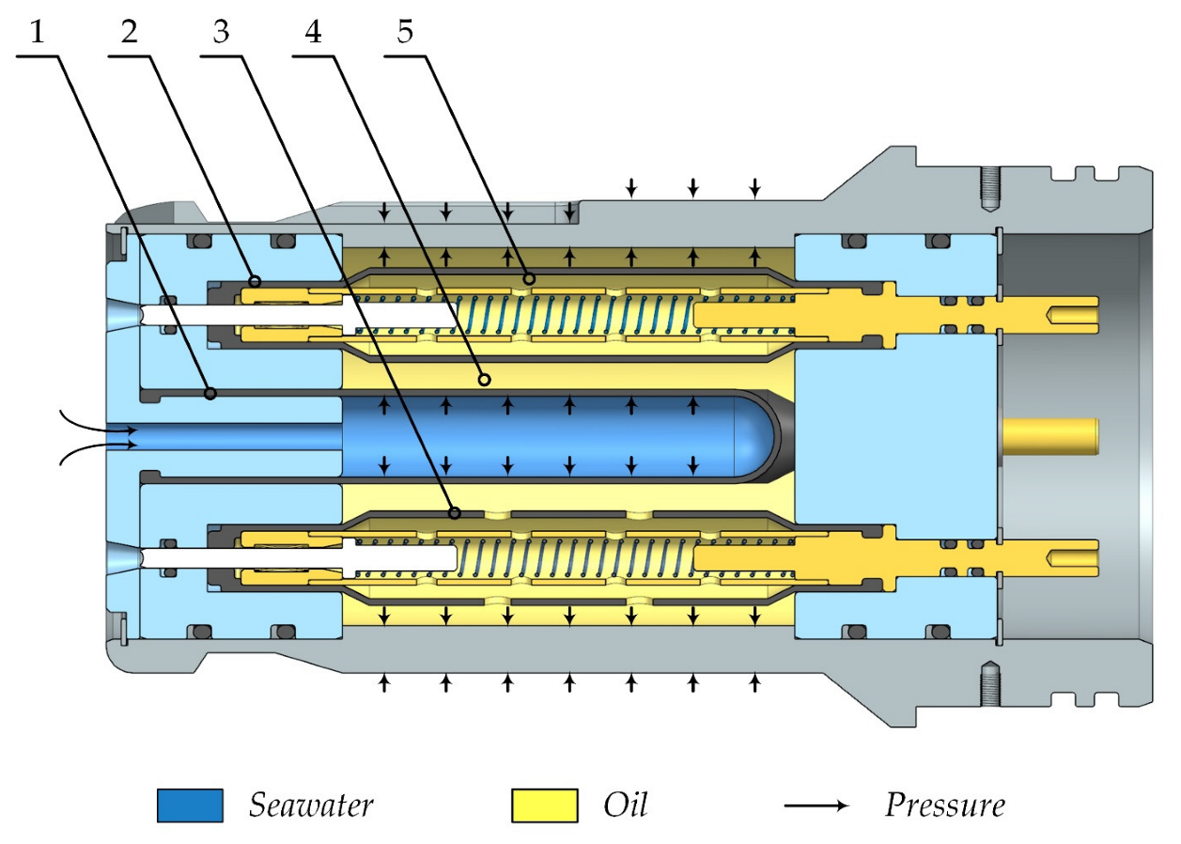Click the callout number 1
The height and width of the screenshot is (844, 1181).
pos(38,33)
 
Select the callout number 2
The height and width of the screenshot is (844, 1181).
pos(129,33)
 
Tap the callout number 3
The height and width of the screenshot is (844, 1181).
pos(221,33)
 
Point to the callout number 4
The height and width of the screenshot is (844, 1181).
pos(313,33)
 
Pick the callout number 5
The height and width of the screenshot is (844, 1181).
pos(404,33)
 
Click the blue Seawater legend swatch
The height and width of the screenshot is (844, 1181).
pos(190,805)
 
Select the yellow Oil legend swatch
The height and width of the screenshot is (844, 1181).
pos(544,805)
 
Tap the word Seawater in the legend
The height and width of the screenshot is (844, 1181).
pos(311,805)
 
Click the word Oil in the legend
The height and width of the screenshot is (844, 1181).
pos(625,805)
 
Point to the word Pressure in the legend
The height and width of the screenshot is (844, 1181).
pos(944,805)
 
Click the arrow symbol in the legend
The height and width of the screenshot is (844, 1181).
pos(816,806)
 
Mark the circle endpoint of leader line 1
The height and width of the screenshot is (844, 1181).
pos(210,393)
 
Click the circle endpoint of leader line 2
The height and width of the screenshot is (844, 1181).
pos(254,281)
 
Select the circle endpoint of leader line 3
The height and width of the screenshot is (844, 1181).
pos(455,513)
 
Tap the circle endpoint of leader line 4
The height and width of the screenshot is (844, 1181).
pos(485,380)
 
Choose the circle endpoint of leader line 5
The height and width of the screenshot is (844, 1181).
pos(529,278)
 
